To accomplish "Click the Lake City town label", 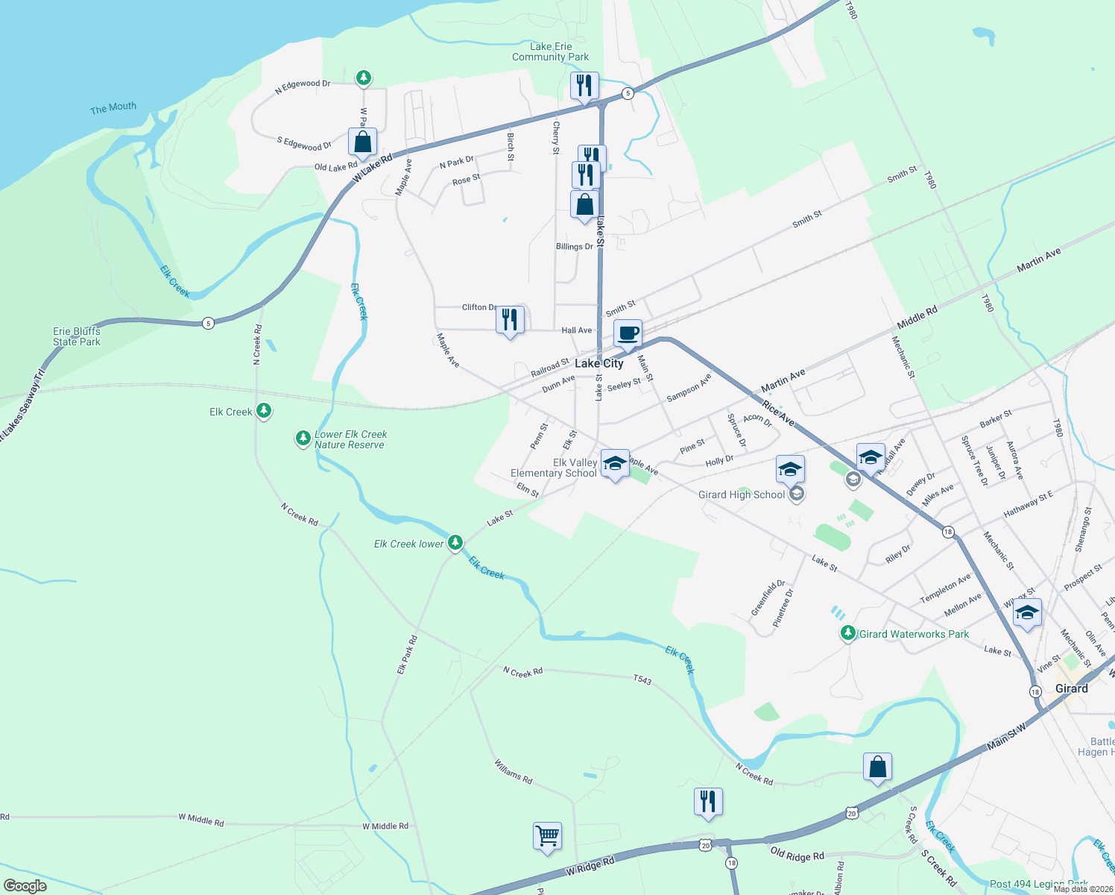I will [598, 363].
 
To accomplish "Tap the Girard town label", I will [1071, 688].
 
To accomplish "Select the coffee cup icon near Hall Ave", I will [628, 333].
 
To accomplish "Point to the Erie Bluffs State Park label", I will [77, 336].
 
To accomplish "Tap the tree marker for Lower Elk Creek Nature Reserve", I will [303, 438].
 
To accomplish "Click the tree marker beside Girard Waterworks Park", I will [847, 633].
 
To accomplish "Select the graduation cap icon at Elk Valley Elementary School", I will [615, 464].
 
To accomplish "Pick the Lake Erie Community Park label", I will [550, 51].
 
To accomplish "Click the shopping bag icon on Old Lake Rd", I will [362, 142].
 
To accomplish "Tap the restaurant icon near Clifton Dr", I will [510, 320].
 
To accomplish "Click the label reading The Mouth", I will [113, 108].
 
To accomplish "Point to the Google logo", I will [25, 886].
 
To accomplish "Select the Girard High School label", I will [742, 494].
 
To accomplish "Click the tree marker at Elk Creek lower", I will [455, 542].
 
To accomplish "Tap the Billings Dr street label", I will [574, 247].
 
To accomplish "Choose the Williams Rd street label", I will [513, 771].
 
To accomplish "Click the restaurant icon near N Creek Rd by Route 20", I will [707, 802].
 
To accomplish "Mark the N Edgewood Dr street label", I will [303, 87].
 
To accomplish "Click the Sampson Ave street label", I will [689, 388].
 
